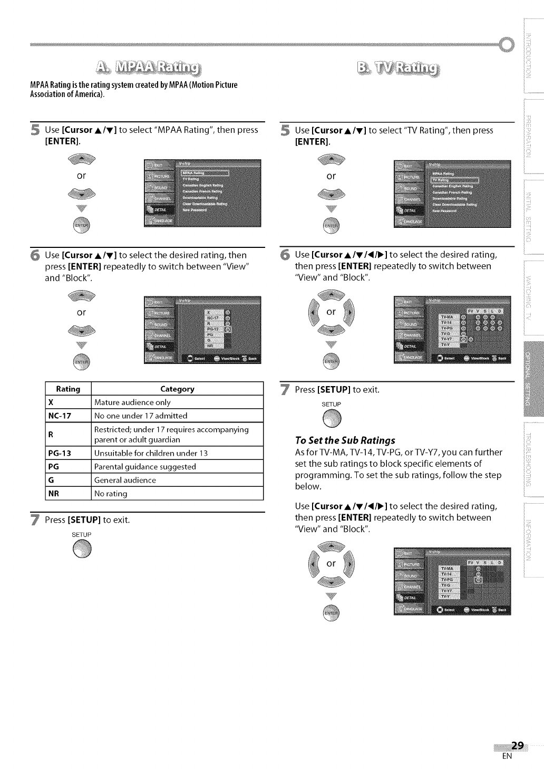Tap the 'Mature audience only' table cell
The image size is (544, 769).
coord(132,402)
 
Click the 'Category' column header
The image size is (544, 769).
coord(177,389)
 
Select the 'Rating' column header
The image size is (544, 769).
coord(68,389)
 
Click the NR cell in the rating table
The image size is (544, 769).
coord(53,494)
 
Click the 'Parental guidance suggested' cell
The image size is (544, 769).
coord(145,467)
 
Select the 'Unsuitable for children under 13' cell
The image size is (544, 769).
coord(151,453)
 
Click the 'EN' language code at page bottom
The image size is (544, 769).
coord(507,756)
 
